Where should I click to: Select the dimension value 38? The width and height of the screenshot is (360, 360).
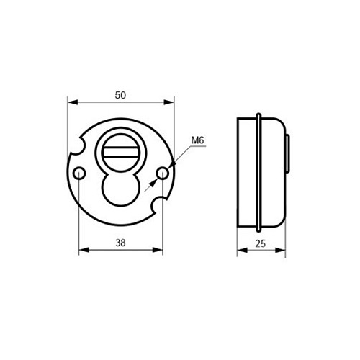click(x=120, y=243)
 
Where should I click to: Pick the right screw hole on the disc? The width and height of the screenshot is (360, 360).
click(x=163, y=173)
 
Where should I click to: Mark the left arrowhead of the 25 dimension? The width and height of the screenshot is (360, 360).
click(x=242, y=251)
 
